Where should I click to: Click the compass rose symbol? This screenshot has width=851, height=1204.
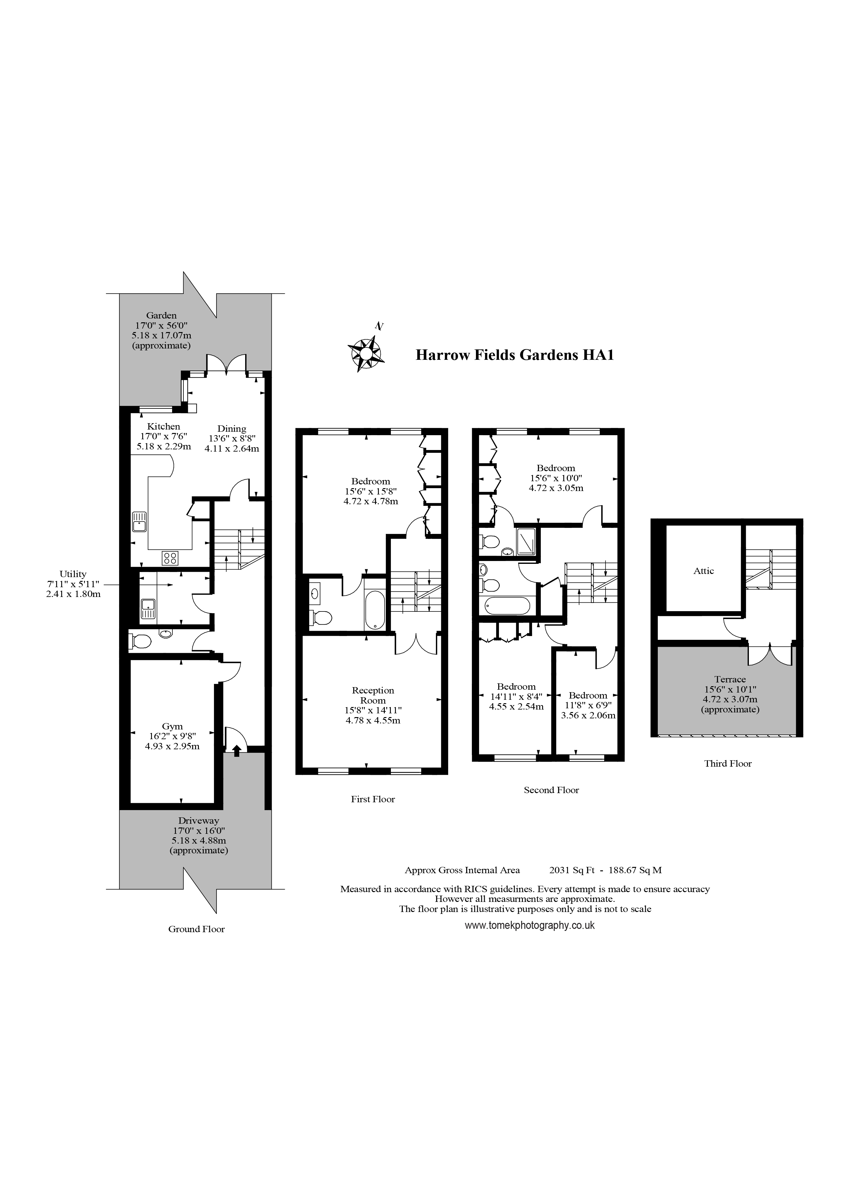point(366,354)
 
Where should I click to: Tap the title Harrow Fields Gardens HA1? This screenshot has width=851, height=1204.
point(514,355)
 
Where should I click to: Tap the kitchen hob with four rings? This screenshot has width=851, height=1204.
point(170,558)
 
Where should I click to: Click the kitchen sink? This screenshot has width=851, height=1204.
point(140,520)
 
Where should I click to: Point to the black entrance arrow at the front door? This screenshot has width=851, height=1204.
point(236,751)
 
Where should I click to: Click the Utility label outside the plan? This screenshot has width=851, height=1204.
point(73,574)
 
